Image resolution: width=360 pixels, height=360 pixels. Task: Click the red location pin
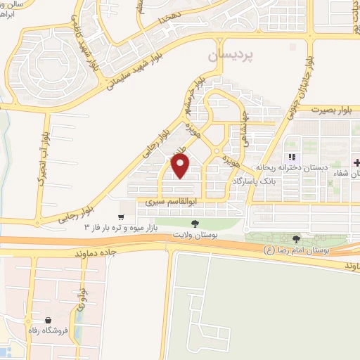(x=181, y=166)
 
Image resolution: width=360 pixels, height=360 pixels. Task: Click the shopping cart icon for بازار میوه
(x=122, y=217)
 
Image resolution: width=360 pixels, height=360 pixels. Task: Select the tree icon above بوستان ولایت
(x=195, y=223)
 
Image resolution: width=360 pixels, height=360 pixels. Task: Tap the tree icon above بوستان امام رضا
(x=296, y=239)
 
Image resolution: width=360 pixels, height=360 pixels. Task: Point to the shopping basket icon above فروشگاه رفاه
(x=48, y=320)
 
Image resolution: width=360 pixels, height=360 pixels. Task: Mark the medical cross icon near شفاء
(x=356, y=162)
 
